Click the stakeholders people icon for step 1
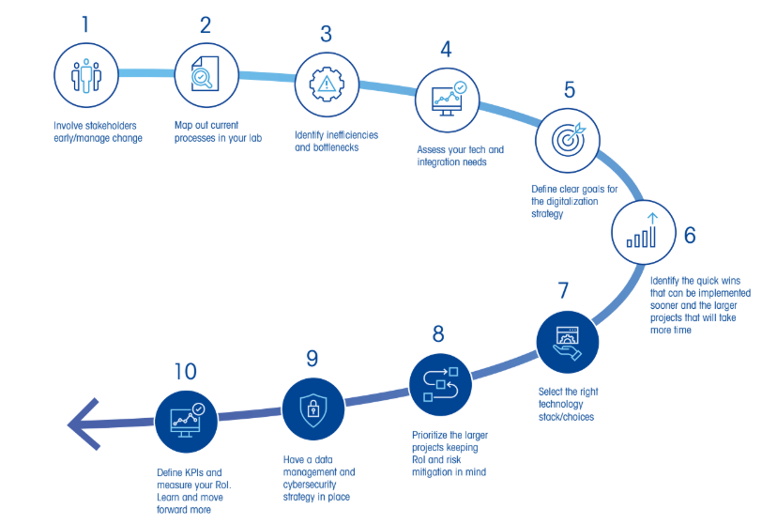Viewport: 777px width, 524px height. tap(85, 75)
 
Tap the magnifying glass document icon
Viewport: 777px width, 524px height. tap(206, 75)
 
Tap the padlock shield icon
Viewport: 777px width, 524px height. tap(313, 409)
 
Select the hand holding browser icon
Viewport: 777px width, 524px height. tap(567, 341)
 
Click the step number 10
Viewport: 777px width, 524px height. tap(185, 372)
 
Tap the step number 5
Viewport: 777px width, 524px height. tap(570, 90)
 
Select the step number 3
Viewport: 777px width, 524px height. tap(326, 35)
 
